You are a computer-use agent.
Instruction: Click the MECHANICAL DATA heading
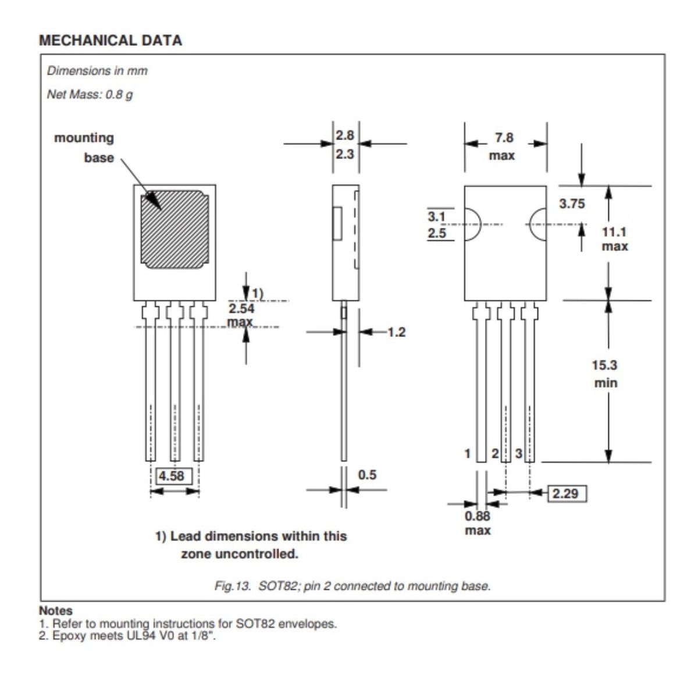coord(110,40)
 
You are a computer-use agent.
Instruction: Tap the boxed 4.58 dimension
coord(171,476)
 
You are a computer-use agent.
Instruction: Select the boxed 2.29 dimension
coord(565,493)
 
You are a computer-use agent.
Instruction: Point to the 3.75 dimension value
coord(572,204)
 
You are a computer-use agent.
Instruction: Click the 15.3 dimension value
coord(604,366)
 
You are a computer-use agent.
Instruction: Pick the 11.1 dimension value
coord(614,232)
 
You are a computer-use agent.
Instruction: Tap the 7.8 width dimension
coord(504,138)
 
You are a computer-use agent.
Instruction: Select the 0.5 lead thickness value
coord(367,475)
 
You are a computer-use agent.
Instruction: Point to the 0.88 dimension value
coord(478,516)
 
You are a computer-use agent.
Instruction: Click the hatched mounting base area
coord(174,230)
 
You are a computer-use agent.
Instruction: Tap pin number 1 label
coord(467,453)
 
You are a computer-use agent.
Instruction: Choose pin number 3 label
coord(519,453)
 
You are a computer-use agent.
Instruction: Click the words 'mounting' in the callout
coord(84,138)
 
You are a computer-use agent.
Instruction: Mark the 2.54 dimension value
coord(241,309)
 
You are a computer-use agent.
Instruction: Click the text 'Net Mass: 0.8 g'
coord(90,94)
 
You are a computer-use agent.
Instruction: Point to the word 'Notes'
coord(56,611)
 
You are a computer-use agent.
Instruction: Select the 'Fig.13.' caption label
coord(233,586)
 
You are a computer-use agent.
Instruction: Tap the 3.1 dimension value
coord(436,217)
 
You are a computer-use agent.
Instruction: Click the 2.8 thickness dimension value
coord(345,135)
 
